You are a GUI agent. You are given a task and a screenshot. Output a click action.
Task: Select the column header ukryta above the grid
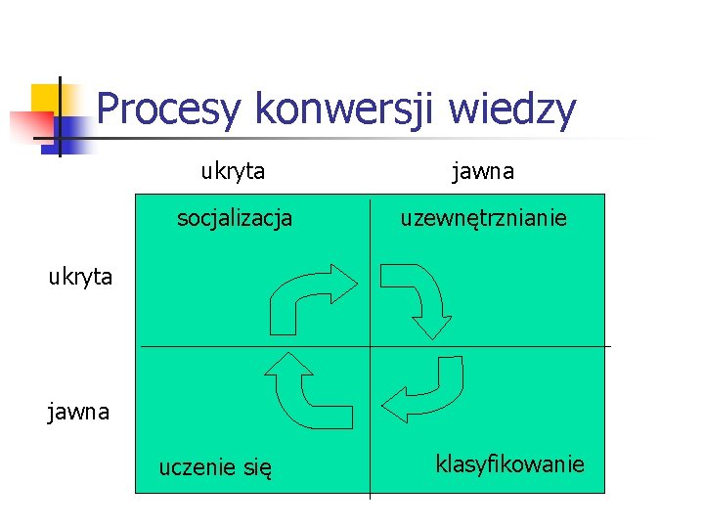coord(233,172)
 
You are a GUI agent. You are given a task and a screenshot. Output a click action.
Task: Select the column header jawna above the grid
coord(483,172)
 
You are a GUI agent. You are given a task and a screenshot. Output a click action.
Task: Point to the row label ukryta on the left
coord(81,277)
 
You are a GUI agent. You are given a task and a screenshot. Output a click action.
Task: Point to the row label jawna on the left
coord(79,412)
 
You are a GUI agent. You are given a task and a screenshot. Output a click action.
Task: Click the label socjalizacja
coord(235,218)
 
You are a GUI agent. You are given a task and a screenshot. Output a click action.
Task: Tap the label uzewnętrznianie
coord(483,218)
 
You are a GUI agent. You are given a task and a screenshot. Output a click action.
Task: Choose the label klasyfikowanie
coord(509,463)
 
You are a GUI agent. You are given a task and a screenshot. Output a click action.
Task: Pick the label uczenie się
coord(215,469)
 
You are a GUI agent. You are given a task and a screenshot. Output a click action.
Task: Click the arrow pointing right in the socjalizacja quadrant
coord(311,297)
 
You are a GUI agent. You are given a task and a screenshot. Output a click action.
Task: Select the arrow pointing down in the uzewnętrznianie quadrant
coord(415,297)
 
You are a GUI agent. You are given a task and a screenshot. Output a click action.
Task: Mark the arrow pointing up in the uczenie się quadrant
coord(303,387)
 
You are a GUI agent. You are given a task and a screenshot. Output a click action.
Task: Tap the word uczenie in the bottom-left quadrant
coord(198,469)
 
